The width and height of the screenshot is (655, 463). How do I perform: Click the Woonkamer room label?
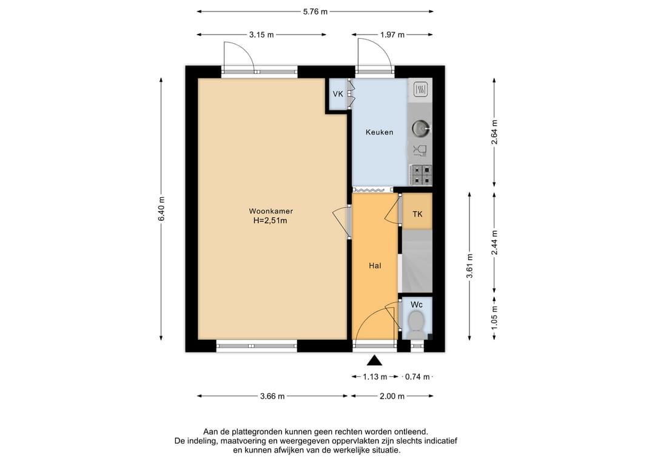coord(270,211)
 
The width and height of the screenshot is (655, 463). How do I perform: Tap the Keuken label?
coord(379,132)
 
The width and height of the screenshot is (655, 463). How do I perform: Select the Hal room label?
coord(375,265)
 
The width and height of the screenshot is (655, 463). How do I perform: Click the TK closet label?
coord(417,214)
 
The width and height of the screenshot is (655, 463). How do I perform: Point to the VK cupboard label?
coord(338,94)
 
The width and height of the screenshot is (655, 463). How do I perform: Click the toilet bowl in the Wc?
coord(415,325)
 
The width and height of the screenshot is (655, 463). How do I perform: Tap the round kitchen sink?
coord(420,128)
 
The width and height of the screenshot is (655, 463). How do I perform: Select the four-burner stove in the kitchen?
coord(421,175)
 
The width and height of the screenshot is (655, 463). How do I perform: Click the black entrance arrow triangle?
coord(375,360)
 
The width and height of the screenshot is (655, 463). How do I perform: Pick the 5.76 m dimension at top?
coord(315,12)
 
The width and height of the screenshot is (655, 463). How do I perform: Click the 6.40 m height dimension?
coord(162,209)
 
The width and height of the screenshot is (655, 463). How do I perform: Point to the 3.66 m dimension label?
coord(272,396)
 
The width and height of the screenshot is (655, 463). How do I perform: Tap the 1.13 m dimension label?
coord(375,377)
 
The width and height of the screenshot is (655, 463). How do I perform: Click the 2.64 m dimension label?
coord(495,132)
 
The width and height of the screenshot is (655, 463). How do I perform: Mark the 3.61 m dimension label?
coord(470,266)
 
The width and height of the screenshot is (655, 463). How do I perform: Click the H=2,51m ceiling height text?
coord(270,221)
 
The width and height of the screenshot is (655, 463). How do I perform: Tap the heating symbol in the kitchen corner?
coord(420,89)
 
